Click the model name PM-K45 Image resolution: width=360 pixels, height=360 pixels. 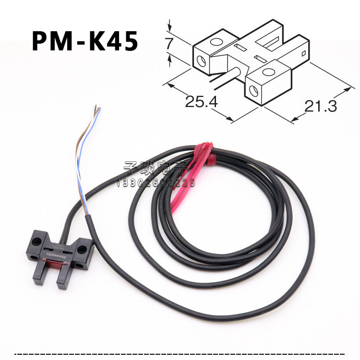pos(85,41)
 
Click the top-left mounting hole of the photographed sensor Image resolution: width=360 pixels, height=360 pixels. pos(36,238)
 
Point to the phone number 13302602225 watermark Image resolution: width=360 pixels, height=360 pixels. pos(156,182)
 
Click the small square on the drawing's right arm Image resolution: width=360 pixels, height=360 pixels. pos(303,50)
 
